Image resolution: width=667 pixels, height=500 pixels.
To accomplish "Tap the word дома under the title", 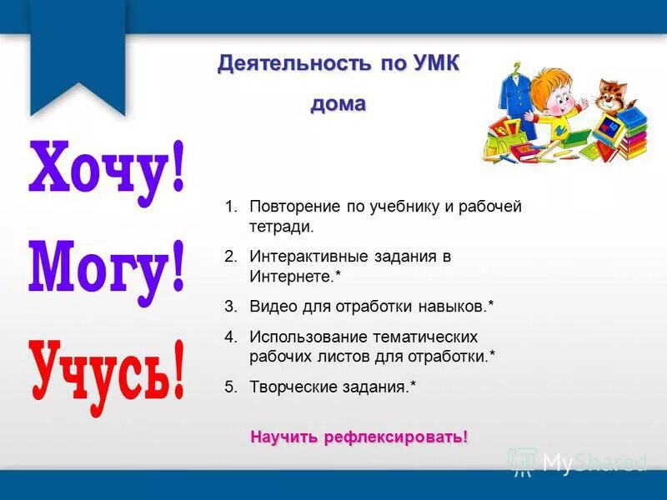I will [x=339, y=104].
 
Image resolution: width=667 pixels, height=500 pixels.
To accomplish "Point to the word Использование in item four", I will [x=305, y=337].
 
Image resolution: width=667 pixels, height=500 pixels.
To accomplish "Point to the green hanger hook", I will [x=518, y=64].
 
